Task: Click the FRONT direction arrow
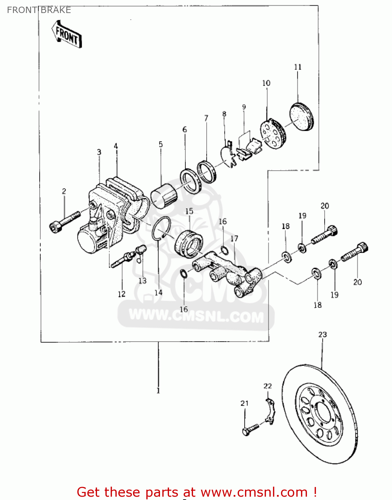pyautogui.click(x=67, y=35)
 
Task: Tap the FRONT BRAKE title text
pyautogui.click(x=39, y=10)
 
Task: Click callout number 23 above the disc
pyautogui.click(x=322, y=334)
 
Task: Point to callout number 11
pyautogui.click(x=298, y=67)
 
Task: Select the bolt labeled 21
pyautogui.click(x=250, y=429)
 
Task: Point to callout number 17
pyautogui.click(x=234, y=239)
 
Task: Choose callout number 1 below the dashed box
pyautogui.click(x=158, y=390)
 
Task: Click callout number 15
pyautogui.click(x=189, y=211)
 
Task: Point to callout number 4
pyautogui.click(x=116, y=146)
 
